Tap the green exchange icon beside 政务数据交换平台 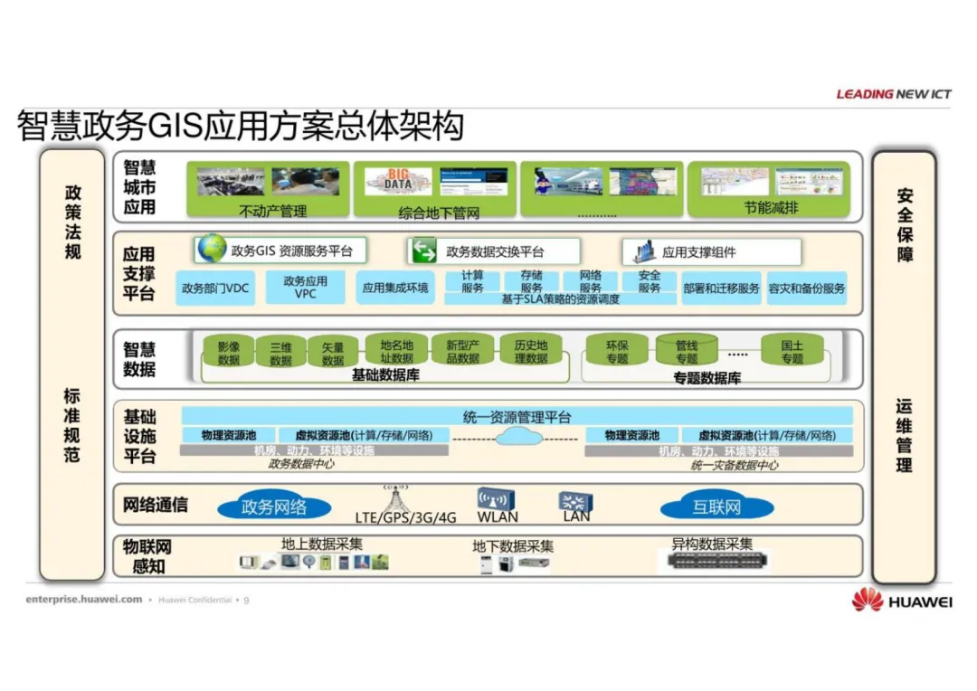coord(422,251)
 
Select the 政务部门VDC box coord(215,289)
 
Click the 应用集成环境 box coord(394,289)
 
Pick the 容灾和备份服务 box coord(807,289)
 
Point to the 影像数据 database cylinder coord(229,353)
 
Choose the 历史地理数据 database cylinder coord(531,351)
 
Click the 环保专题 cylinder coord(617,351)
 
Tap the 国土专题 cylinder coord(792,351)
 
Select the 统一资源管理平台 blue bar coord(517,416)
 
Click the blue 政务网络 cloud coord(273,506)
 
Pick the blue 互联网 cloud coord(716,506)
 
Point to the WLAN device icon coord(497,499)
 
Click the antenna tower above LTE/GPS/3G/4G coord(394,497)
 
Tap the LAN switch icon coord(575,501)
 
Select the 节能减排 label coord(771,208)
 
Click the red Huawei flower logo coord(867,599)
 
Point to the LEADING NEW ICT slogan coord(893,93)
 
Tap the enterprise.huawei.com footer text coord(84,599)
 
